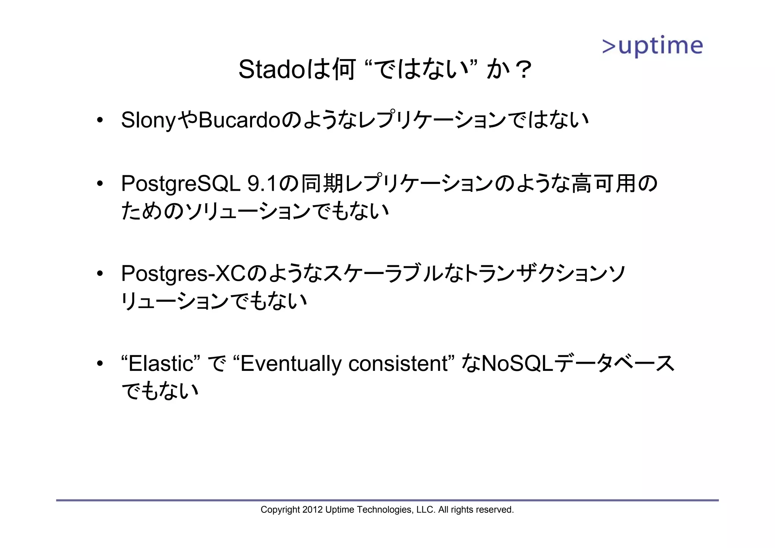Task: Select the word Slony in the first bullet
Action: coord(148,120)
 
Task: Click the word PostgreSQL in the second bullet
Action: coord(181,184)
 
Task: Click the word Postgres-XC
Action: coord(184,273)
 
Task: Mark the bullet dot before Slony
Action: coord(100,121)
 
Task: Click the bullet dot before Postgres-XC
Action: coord(100,274)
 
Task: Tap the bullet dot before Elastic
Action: coord(100,364)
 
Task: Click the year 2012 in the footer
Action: coord(313,510)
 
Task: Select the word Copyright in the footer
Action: coord(280,510)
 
